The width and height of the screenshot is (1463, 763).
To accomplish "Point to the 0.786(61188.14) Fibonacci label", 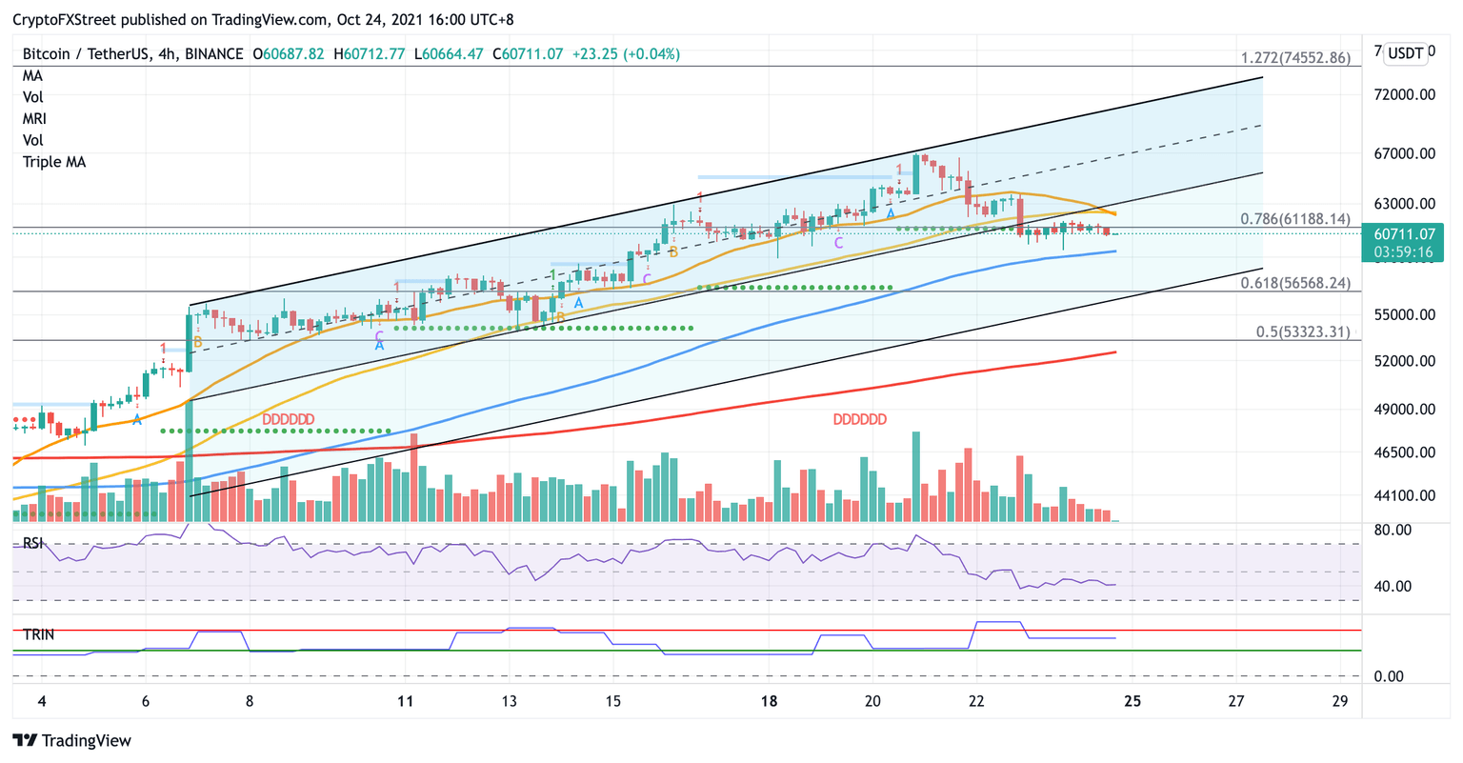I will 1294,219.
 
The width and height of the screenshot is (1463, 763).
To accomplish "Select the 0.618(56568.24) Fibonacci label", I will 1294,283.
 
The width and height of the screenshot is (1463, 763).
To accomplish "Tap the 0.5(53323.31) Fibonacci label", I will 1302,331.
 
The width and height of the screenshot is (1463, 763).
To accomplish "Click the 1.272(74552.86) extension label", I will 1294,58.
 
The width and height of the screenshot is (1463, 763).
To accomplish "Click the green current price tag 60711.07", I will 1405,233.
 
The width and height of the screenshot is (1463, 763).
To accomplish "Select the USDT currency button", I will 1406,53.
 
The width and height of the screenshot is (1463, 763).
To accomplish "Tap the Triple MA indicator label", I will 54,162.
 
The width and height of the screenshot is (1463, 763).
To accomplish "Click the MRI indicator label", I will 34,119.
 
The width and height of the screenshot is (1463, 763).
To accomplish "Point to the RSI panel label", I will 34,543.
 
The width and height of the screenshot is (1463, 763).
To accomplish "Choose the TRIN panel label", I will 38,634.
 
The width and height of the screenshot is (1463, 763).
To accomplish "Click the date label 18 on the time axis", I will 770,702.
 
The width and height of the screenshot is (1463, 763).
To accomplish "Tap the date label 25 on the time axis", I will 1132,702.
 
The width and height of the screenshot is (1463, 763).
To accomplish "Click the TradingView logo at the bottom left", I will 72,741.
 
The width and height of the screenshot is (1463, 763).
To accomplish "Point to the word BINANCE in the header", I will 213,54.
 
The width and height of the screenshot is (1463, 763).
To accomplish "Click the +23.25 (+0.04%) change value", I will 625,54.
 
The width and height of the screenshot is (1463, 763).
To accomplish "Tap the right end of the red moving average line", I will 1114,352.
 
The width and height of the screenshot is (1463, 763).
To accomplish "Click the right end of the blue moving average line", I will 1114,251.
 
